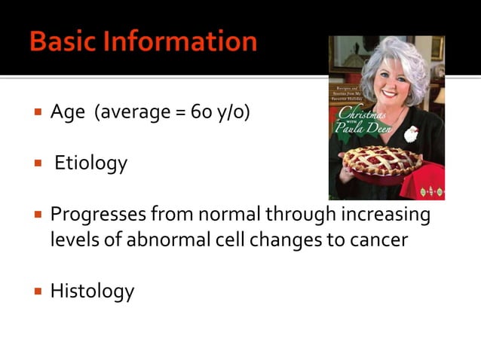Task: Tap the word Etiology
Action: click(x=91, y=163)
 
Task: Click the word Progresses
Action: click(x=98, y=215)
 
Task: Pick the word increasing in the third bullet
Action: click(x=387, y=215)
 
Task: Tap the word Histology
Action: click(x=92, y=291)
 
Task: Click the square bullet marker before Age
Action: click(x=36, y=114)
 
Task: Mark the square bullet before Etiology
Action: click(x=36, y=163)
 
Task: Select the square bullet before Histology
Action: click(x=36, y=291)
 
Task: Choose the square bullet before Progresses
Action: click(x=36, y=215)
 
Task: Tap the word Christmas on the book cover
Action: click(x=360, y=114)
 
